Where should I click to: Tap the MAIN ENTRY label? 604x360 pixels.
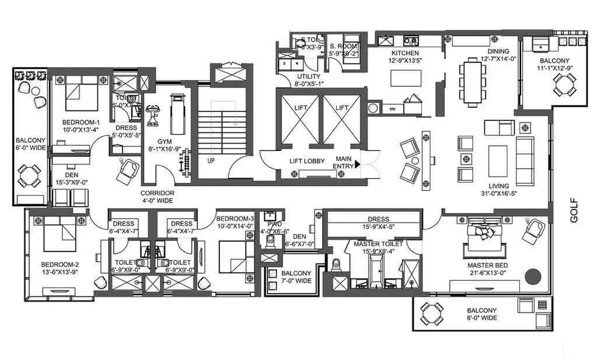pyautogui.click(x=343, y=163)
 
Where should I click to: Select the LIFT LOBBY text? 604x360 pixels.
pyautogui.click(x=306, y=161)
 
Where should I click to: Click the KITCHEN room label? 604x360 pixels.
pyautogui.click(x=405, y=53)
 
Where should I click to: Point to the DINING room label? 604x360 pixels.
pyautogui.click(x=494, y=51)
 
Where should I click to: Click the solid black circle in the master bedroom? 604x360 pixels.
pyautogui.click(x=533, y=275)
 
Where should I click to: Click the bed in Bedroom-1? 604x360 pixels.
pyautogui.click(x=79, y=97)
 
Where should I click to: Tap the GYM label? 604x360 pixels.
pyautogui.click(x=165, y=142)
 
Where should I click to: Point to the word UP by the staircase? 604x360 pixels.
pyautogui.click(x=211, y=159)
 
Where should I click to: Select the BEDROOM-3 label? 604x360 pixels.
pyautogui.click(x=235, y=218)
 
